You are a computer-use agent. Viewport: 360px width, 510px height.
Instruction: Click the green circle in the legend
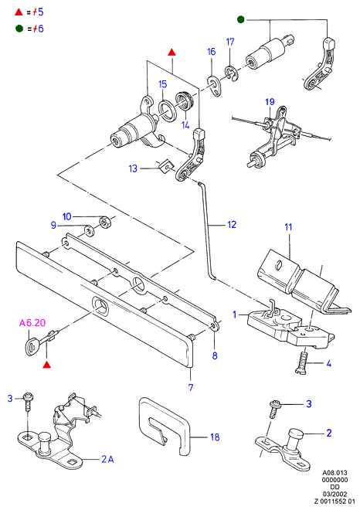tap(19, 29)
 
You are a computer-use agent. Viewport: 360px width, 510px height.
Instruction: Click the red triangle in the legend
tap(19, 12)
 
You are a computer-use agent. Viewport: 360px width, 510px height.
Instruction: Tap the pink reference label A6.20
tap(32, 323)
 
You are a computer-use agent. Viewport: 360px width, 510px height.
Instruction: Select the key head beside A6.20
tap(32, 348)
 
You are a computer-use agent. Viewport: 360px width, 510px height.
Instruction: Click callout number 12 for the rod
tap(232, 225)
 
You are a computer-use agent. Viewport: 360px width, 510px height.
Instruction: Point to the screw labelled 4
tap(303, 362)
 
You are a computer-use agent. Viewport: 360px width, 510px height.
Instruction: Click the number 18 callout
tap(215, 437)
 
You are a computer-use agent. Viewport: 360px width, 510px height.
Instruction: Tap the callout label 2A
tap(107, 459)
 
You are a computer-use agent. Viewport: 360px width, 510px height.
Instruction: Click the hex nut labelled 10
tap(105, 222)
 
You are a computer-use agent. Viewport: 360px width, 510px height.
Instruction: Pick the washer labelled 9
tap(89, 230)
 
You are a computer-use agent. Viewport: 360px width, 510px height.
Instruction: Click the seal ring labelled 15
tap(167, 110)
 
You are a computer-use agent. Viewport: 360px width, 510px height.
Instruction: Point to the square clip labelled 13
tap(167, 167)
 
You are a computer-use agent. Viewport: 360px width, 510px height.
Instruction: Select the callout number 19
tap(270, 102)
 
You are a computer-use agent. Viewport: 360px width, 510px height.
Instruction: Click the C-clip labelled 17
tap(231, 74)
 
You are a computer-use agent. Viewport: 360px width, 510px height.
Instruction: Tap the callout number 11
tap(288, 227)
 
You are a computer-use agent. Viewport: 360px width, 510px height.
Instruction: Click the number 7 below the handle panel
tap(191, 387)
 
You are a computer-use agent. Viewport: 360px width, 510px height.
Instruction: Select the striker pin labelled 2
tap(294, 440)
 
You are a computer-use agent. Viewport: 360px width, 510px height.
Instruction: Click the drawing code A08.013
tap(335, 473)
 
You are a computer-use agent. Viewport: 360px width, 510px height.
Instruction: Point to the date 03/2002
tap(335, 494)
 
